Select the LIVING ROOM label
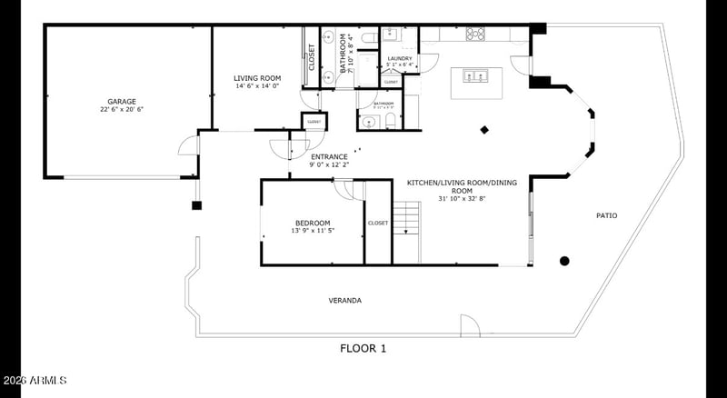(x=257, y=78)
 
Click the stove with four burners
(x=474, y=35)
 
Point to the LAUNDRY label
(x=400, y=59)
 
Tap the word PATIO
(x=606, y=215)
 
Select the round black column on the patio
(x=564, y=261)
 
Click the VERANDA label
(x=345, y=300)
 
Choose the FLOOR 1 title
(x=363, y=348)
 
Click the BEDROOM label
(x=312, y=224)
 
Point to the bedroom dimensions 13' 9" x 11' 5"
(x=312, y=231)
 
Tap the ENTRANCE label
(x=329, y=156)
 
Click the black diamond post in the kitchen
(x=484, y=129)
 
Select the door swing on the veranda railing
(x=469, y=325)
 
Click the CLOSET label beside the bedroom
(x=377, y=223)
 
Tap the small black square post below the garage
(x=195, y=205)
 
